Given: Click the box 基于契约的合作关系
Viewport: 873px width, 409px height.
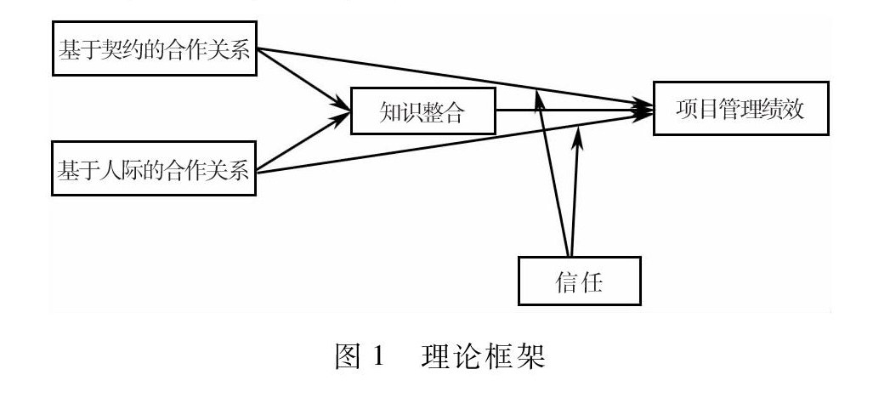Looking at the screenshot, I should pyautogui.click(x=154, y=48).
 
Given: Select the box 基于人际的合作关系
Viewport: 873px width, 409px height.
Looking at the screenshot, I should pyautogui.click(x=154, y=169).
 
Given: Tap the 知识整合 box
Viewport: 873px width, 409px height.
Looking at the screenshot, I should pyautogui.click(x=423, y=110).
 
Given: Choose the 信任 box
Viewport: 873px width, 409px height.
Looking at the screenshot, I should pyautogui.click(x=578, y=280).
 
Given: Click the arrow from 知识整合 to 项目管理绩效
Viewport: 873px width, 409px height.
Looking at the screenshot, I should pyautogui.click(x=578, y=109).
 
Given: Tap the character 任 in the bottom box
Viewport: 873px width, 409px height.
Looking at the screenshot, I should pyautogui.click(x=591, y=280).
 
